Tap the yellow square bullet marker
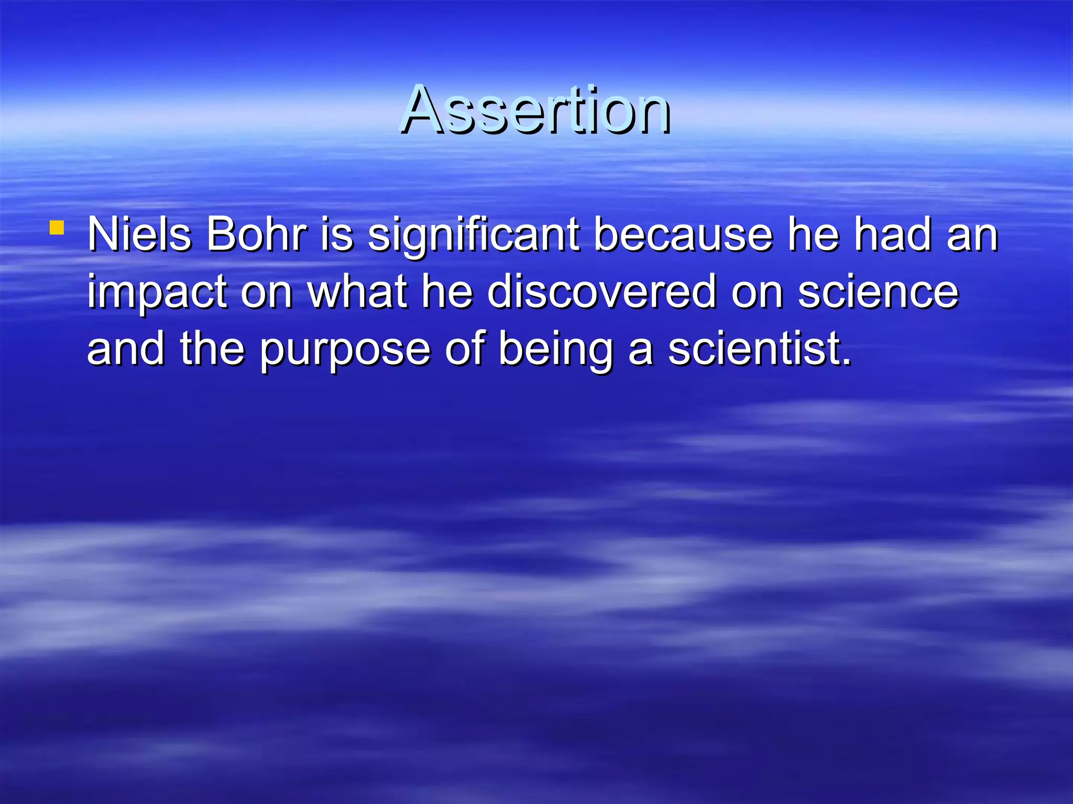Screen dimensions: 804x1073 (x=57, y=228)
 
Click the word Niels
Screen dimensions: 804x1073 (x=139, y=234)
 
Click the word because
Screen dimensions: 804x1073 (x=683, y=234)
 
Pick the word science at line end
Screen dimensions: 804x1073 (x=878, y=292)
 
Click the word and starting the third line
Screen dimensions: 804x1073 (x=126, y=349)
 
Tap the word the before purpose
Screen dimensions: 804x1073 (x=212, y=349)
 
